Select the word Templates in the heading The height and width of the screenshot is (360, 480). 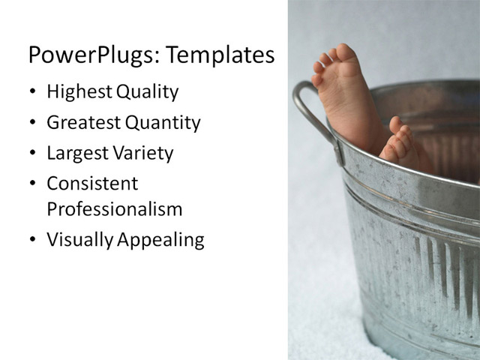(x=220, y=55)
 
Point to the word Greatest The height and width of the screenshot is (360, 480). (x=82, y=122)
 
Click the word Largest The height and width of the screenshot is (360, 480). (x=76, y=153)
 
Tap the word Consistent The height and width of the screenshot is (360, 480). (x=92, y=183)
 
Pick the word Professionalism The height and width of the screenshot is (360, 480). (x=114, y=208)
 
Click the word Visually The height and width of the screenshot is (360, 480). (x=76, y=239)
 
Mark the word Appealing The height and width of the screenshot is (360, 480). (x=157, y=239)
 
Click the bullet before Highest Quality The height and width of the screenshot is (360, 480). (x=32, y=93)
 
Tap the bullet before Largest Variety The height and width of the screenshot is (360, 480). (x=32, y=154)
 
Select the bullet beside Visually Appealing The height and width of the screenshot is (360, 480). (x=32, y=240)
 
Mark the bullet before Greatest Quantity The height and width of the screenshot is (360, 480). (x=32, y=123)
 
